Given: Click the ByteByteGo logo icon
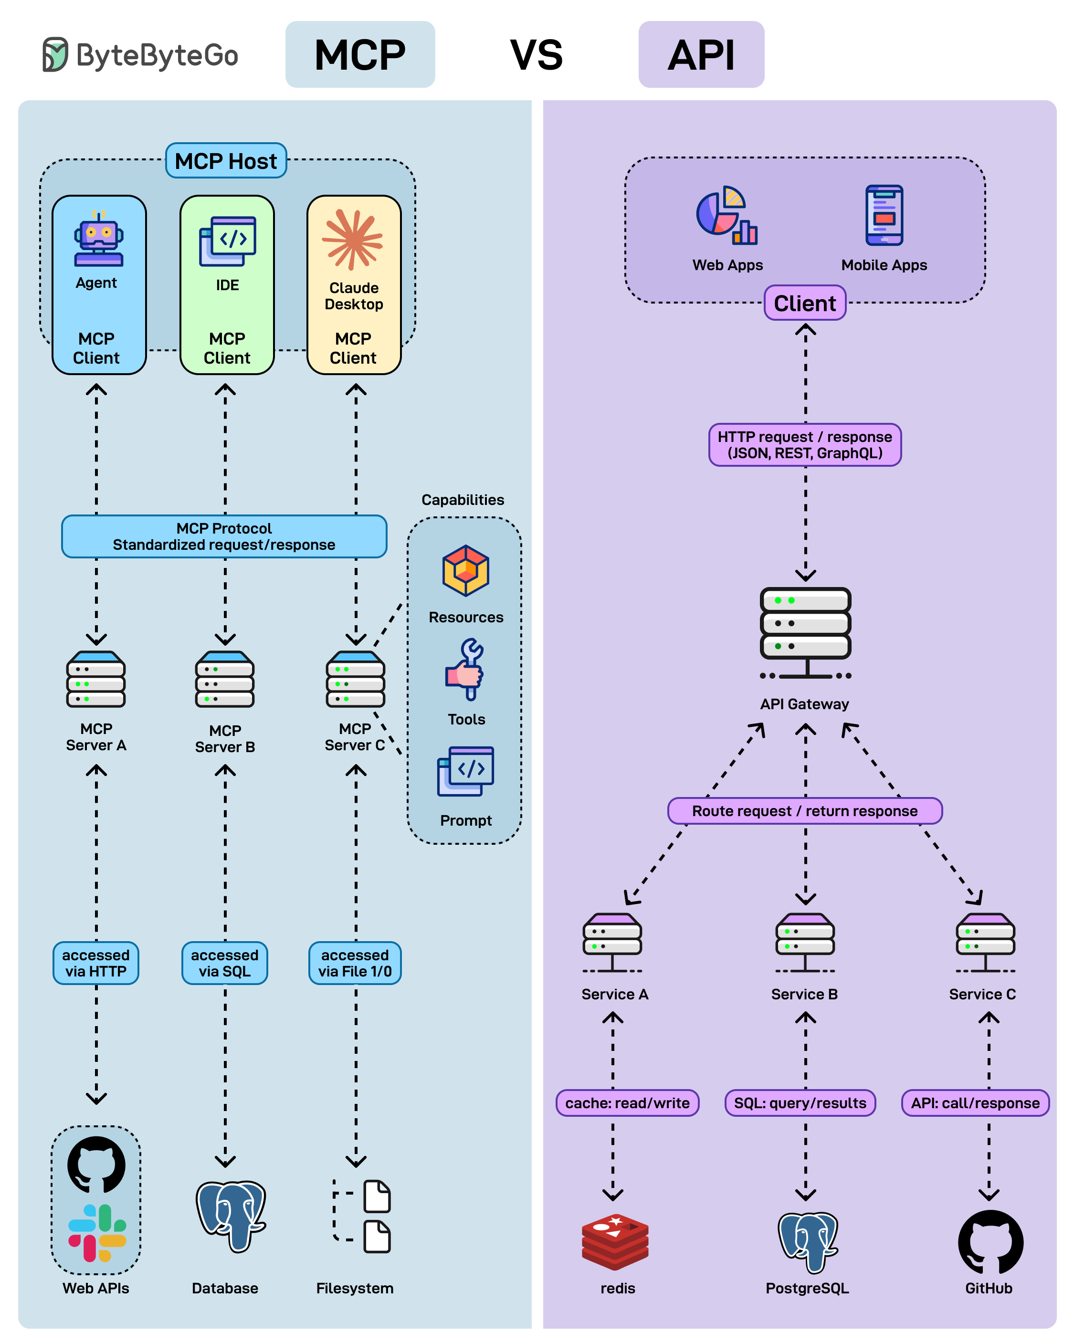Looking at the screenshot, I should pos(55,54).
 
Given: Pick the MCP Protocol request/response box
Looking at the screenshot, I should pos(224,536).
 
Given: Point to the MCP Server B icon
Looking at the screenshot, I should pos(225,680).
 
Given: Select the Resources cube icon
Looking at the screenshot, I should pos(465,571).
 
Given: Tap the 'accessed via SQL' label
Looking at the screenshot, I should pos(224,963).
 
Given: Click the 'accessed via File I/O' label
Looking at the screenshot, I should pos(355,963).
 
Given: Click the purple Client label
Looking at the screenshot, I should pos(804,304).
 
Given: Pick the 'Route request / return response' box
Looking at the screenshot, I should pos(804,811).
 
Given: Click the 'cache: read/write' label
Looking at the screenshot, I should pos(627,1103).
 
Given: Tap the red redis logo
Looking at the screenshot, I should pos(615,1241).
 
